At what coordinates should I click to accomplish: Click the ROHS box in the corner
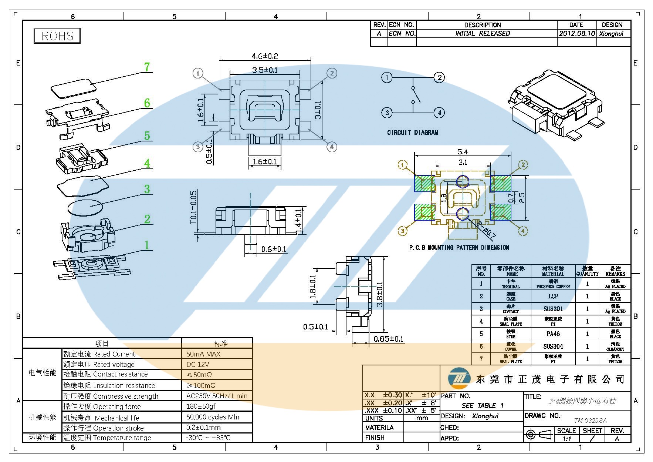[x=57, y=36]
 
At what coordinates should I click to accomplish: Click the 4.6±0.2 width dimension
[x=265, y=56]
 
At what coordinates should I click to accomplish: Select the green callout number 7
[x=147, y=67]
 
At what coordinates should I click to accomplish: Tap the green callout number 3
[x=147, y=189]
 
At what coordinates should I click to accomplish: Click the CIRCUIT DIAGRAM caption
[x=413, y=132]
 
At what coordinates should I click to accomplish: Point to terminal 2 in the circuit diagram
[x=439, y=77]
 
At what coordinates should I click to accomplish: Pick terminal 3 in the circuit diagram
[x=387, y=113]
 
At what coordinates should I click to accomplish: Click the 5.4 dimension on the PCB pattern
[x=463, y=152]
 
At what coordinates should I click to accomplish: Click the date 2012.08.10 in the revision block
[x=577, y=33]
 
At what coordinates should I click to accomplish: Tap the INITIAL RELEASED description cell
[x=483, y=33]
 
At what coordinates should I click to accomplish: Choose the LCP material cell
[x=553, y=296]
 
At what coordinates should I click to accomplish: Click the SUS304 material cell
[x=553, y=346]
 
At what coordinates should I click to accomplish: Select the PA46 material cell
[x=553, y=334]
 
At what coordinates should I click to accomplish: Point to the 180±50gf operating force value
[x=201, y=406]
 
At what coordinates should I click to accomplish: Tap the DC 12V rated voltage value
[x=198, y=364]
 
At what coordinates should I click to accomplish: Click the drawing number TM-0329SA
[x=591, y=421]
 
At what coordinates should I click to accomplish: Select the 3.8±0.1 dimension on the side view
[x=380, y=294]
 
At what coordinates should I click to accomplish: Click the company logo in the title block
[x=459, y=379]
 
